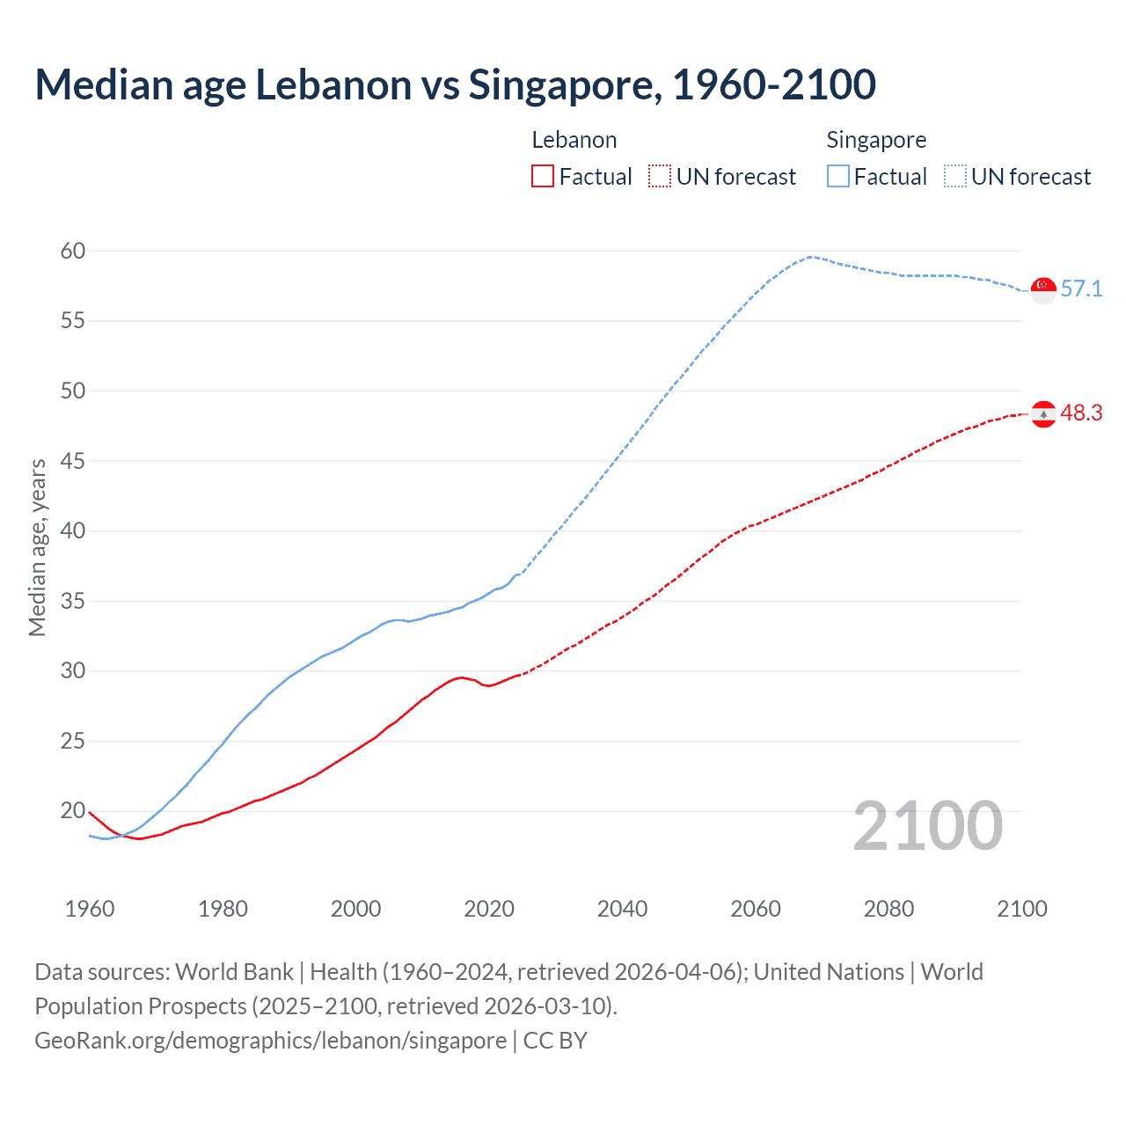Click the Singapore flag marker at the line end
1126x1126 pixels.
pos(1043,289)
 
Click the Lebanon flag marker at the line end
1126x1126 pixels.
pos(1043,413)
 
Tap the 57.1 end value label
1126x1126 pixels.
pos(1081,289)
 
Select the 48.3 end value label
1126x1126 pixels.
pos(1081,413)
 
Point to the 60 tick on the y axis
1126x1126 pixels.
pos(73,252)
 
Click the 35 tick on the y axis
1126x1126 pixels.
pos(73,602)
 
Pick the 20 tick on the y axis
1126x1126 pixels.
pos(73,811)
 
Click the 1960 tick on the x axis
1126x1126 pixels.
pos(90,909)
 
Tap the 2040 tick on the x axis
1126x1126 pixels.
pos(622,909)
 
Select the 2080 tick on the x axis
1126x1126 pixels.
pos(888,909)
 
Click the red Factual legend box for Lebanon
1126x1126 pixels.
pos(543,177)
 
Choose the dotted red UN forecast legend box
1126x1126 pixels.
pos(660,177)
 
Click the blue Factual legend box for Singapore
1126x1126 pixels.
pos(838,177)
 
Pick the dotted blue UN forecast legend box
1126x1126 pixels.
pos(955,177)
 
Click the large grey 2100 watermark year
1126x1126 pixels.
pos(928,826)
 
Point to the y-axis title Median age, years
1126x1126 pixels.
pos(37,547)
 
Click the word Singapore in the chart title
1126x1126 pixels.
pos(564,85)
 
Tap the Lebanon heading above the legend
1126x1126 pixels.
pos(574,140)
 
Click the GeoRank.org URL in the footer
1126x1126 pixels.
pos(270,1041)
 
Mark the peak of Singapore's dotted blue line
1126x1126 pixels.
pos(809,257)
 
